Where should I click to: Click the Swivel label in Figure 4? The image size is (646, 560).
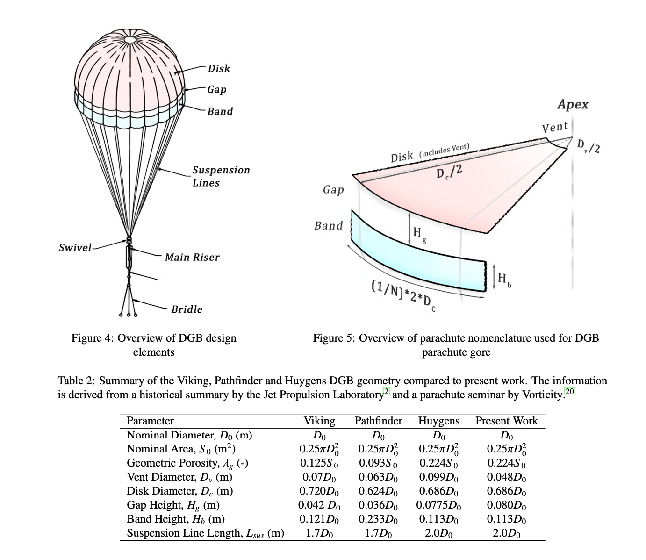(75, 247)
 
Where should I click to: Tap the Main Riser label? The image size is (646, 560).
(192, 257)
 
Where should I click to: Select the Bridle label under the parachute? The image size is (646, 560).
(187, 309)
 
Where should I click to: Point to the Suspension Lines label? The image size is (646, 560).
(221, 176)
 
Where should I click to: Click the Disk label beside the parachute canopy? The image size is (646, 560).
(219, 69)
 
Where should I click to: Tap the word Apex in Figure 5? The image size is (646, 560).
(573, 104)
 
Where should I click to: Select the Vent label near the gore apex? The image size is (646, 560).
(555, 127)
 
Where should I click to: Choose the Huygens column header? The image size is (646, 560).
(438, 421)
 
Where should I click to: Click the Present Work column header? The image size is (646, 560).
(506, 421)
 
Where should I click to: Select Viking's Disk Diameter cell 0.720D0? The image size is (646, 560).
(319, 491)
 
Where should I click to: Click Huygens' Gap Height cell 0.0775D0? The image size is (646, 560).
(438, 505)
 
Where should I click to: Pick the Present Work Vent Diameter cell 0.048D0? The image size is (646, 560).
(506, 477)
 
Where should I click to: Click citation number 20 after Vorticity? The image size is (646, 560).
(570, 391)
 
